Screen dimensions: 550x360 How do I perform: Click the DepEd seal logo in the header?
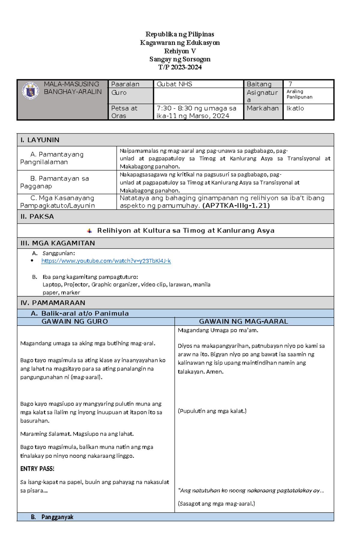click(x=30, y=91)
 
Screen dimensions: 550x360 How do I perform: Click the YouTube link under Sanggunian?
click(x=106, y=261)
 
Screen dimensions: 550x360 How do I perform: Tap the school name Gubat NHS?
click(x=174, y=84)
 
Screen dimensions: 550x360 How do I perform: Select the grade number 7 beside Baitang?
click(x=290, y=84)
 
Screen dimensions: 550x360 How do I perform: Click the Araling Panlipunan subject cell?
click(x=299, y=94)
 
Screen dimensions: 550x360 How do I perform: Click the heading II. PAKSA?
click(x=37, y=216)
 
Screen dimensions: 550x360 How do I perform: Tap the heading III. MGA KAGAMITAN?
click(x=58, y=243)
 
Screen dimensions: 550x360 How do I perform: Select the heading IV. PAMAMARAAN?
click(x=53, y=303)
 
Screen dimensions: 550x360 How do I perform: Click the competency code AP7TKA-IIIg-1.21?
click(x=236, y=206)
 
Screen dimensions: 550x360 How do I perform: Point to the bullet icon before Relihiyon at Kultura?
click(x=89, y=231)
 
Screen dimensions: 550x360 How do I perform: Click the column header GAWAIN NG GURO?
click(x=75, y=322)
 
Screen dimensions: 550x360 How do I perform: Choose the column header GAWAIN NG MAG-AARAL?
click(x=243, y=322)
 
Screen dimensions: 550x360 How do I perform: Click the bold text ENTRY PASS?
click(x=37, y=469)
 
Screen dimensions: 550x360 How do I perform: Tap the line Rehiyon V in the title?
click(x=180, y=51)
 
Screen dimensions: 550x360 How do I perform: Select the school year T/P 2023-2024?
click(x=180, y=67)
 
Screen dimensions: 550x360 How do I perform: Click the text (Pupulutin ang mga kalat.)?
click(x=212, y=411)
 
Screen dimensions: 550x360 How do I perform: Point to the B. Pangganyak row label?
click(x=52, y=517)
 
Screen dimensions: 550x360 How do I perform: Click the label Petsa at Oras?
click(x=124, y=112)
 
